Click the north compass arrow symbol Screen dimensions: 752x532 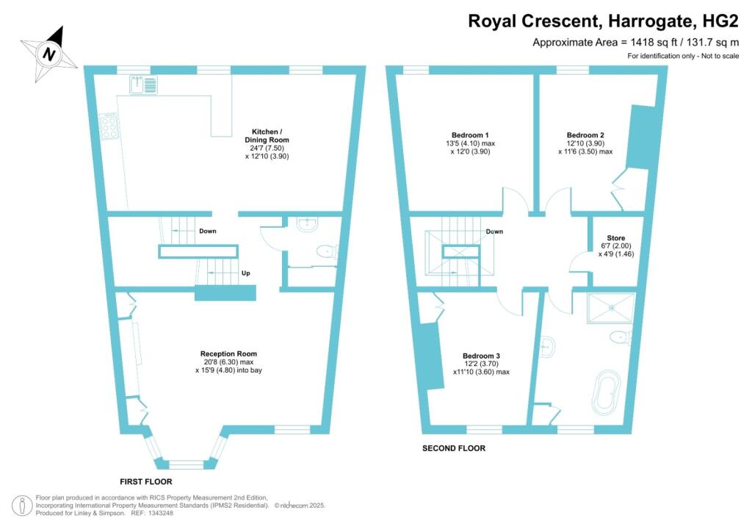(x=48, y=53)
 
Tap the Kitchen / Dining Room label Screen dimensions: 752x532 (x=267, y=136)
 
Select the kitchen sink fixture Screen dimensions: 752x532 (x=143, y=85)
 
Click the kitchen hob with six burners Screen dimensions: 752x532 (x=109, y=126)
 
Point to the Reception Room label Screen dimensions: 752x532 (x=228, y=354)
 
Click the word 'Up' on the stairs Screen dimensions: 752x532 (x=245, y=273)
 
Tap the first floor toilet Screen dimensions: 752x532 (x=328, y=251)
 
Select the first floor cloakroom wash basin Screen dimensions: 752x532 (x=308, y=223)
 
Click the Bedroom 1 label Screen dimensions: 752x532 (x=470, y=135)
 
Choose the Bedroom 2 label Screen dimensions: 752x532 (x=585, y=135)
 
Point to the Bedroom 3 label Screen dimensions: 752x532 (x=481, y=356)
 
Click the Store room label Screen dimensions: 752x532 (x=616, y=238)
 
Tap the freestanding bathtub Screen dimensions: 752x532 (x=606, y=392)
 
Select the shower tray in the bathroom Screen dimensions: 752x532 (x=611, y=308)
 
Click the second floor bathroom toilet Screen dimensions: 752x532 (x=622, y=337)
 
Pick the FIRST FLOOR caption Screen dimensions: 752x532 (x=146, y=481)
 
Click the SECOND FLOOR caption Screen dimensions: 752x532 (x=454, y=448)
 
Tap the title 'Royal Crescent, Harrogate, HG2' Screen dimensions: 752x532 (x=604, y=21)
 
